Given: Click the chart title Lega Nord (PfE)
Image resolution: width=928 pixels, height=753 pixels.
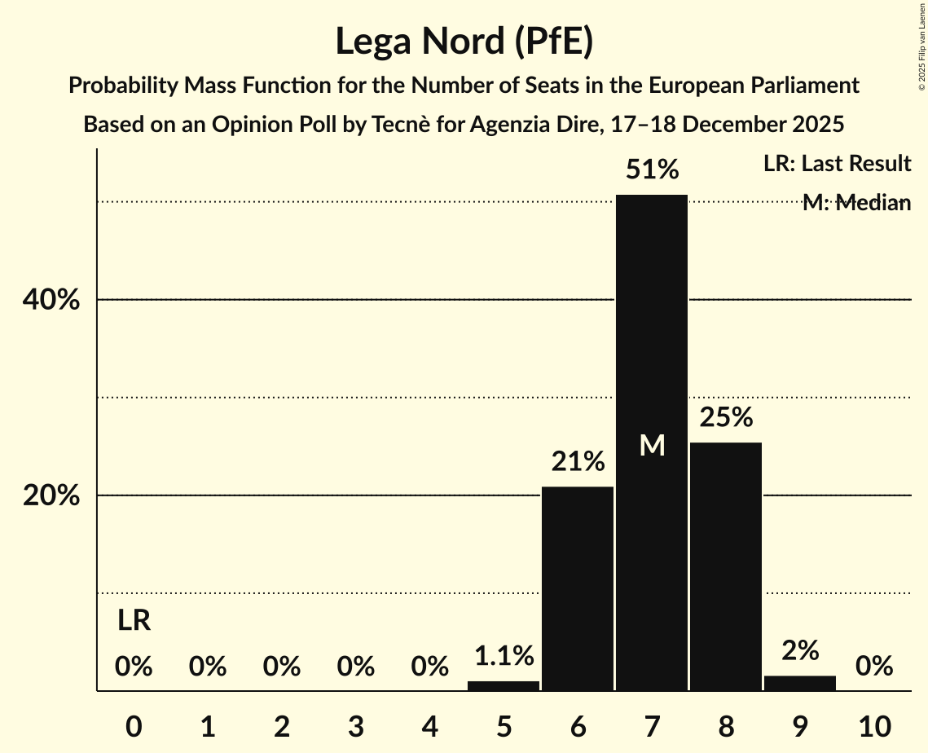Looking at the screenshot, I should (x=464, y=42).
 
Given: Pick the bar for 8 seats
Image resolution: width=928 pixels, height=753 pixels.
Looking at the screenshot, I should (x=726, y=566).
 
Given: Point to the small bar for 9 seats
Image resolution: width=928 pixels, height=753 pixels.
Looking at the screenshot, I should (x=800, y=684).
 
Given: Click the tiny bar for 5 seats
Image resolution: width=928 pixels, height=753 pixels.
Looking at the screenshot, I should (x=504, y=686).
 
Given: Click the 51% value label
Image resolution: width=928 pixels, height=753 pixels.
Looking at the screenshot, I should (x=652, y=170).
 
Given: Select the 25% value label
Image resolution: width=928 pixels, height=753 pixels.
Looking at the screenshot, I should (x=726, y=418).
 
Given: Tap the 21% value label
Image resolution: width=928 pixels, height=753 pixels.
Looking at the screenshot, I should (x=578, y=462).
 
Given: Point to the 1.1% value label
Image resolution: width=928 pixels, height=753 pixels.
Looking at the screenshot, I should (x=504, y=655).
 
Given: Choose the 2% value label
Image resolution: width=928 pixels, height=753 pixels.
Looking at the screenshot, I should (x=800, y=650).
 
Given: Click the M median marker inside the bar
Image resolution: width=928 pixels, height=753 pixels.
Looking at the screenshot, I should (x=652, y=445).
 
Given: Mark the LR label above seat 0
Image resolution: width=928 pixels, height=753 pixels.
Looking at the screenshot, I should (x=134, y=621).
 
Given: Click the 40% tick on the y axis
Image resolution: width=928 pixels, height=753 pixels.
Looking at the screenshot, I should (x=51, y=300).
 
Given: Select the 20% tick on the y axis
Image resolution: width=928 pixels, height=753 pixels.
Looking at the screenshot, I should (x=51, y=495).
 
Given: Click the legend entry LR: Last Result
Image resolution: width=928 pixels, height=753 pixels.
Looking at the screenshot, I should (x=837, y=164).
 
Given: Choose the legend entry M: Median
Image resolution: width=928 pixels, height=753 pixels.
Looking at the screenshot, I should (x=856, y=203).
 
